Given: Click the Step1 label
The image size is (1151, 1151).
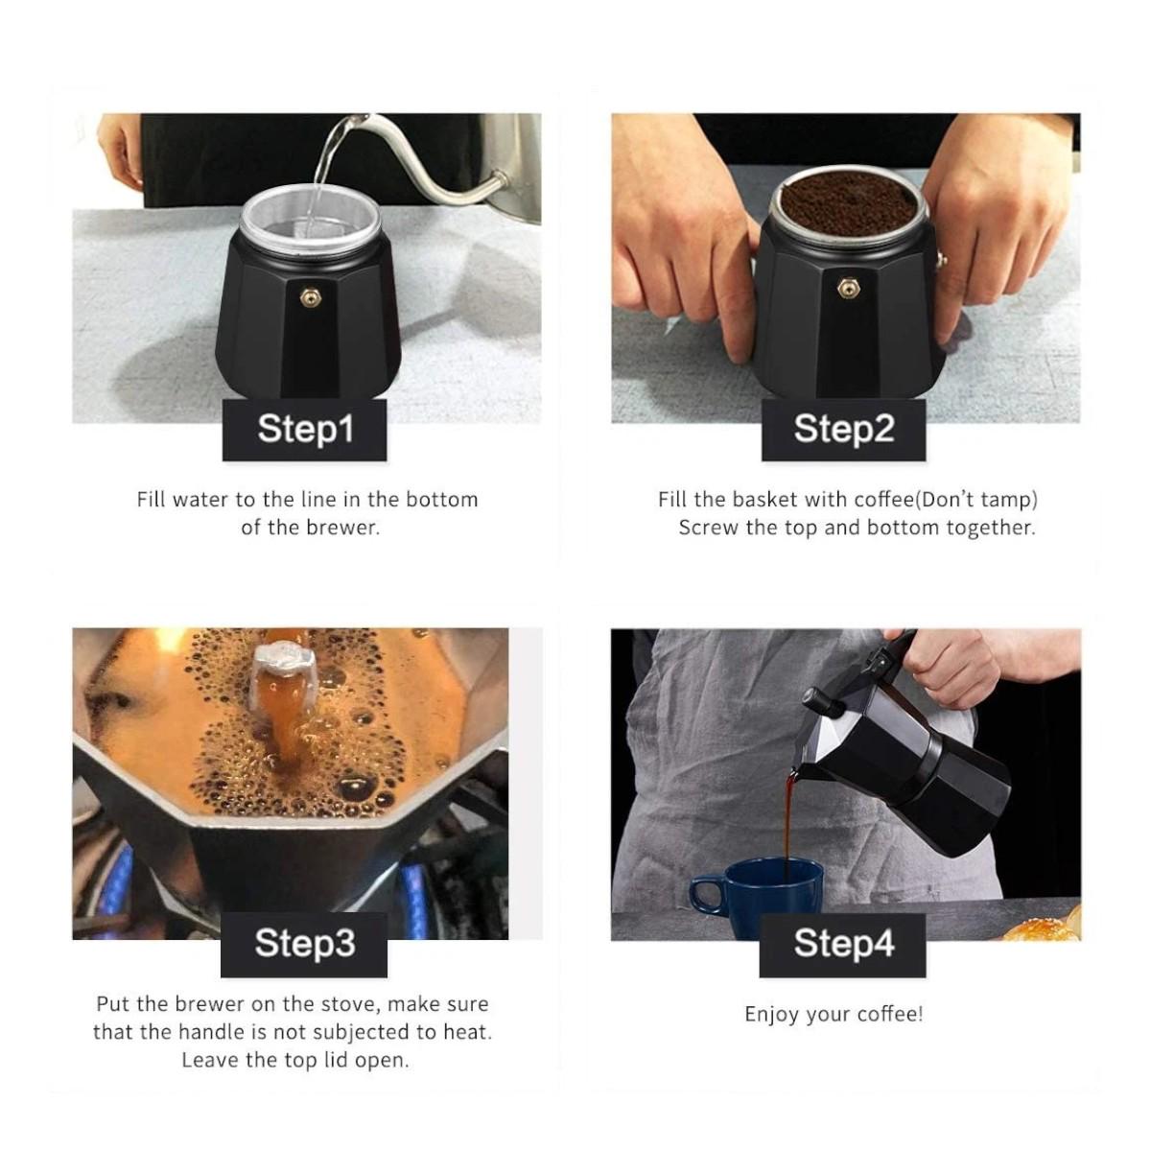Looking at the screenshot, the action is click(305, 430).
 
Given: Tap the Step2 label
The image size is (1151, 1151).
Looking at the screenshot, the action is click(843, 430).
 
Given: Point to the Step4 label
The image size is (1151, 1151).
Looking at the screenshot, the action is click(843, 945).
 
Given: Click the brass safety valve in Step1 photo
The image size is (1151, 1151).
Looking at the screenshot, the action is click(310, 295).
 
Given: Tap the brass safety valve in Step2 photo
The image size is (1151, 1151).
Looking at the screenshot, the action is click(845, 288).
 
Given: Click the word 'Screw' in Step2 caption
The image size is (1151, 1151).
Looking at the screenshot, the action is click(707, 528).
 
